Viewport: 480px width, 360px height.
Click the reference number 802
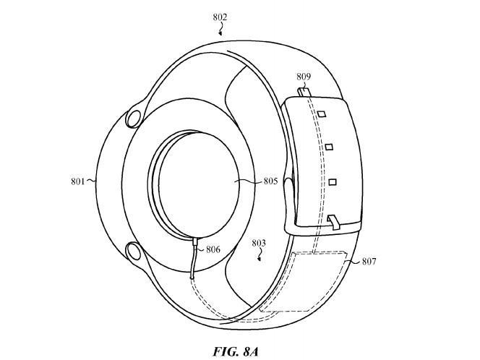220,17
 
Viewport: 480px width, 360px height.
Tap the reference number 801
78,181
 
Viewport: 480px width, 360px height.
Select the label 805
270,181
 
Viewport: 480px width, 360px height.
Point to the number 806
213,249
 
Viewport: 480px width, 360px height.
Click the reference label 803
259,243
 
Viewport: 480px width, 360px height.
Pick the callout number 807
369,261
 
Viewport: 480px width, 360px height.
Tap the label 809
304,77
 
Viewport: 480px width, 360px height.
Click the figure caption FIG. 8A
236,351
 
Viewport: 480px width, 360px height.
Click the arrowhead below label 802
220,33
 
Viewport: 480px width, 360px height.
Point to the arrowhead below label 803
260,259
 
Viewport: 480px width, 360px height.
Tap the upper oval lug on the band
134,119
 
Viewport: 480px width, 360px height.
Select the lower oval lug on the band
134,251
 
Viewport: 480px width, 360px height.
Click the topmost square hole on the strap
322,114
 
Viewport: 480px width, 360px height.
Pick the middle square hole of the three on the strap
329,147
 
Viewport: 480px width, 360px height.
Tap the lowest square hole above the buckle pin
333,182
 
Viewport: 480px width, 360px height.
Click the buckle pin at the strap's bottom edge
333,222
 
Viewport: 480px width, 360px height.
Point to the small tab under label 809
304,92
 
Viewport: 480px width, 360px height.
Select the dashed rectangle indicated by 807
317,281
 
